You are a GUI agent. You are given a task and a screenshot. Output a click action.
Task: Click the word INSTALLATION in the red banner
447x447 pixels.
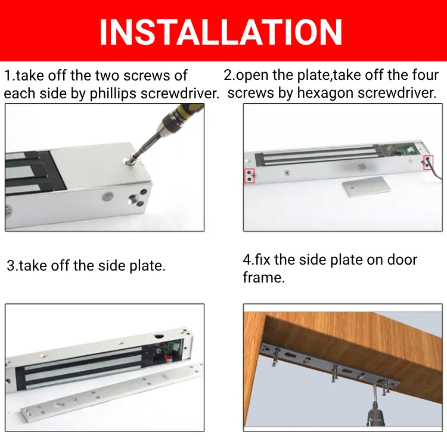[221, 32]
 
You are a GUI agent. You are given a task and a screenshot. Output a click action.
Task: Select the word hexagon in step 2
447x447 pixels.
[325, 93]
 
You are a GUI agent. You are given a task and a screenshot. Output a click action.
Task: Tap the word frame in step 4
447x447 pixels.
[263, 277]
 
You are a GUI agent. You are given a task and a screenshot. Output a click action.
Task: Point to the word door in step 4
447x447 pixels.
[402, 260]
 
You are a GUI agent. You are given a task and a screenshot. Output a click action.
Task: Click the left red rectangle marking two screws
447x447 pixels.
[250, 176]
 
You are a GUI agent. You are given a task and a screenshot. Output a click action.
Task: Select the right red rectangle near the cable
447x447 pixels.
[428, 163]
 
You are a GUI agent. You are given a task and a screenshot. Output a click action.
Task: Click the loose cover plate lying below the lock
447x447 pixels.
[367, 187]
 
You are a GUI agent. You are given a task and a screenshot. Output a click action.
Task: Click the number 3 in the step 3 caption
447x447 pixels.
[11, 266]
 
